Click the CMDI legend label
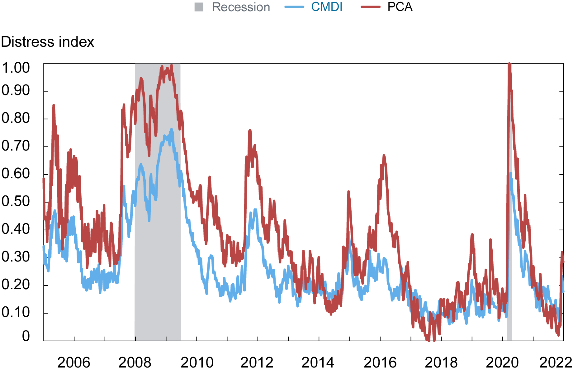click(326, 7)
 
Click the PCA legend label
click(400, 7)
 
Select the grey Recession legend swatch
click(199, 7)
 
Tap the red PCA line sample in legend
click(370, 7)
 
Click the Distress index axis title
click(47, 42)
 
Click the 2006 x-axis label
click(74, 363)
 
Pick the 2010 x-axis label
click(197, 363)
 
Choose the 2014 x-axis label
click(318, 363)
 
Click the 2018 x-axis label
click(441, 363)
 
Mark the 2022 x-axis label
click(556, 363)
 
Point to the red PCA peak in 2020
click(509, 64)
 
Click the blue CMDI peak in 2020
click(510, 173)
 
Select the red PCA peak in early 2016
click(384, 156)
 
